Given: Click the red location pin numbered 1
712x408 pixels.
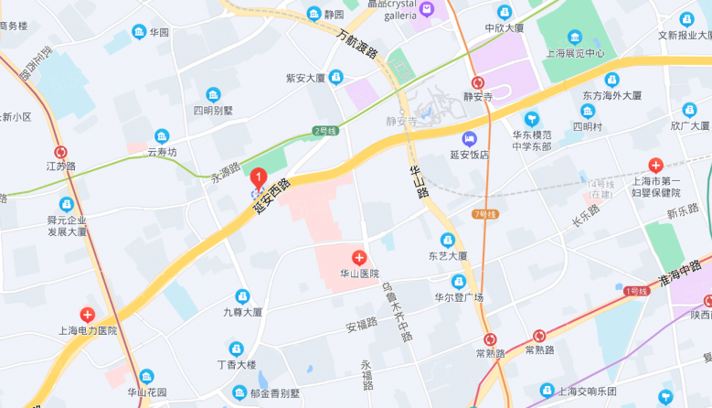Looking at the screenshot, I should pos(259,177).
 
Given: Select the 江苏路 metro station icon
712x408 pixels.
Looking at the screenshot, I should pos(60,153).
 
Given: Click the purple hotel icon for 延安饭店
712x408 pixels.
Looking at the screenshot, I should pos(469,139).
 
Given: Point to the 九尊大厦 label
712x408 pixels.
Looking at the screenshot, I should pos(242,312).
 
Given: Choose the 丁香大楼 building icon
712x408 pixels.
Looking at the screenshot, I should pos(236,348).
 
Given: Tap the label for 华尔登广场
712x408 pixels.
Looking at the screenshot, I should pos(458,297).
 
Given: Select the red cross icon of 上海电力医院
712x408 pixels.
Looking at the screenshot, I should pos(87,314).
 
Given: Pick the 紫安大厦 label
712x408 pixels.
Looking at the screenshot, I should pos(305,78).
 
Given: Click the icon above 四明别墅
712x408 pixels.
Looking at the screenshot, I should pos(213,94).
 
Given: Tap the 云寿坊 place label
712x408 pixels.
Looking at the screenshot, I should pos(162,153).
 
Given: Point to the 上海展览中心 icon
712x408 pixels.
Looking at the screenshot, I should pos(574,37).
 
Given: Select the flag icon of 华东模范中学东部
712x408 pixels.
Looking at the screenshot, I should pos(532,118).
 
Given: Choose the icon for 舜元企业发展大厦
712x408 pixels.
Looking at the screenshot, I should pos(66,204).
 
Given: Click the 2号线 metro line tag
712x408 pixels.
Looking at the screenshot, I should pos(325,131).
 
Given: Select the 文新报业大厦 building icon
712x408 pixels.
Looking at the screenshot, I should pos(687,19).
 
